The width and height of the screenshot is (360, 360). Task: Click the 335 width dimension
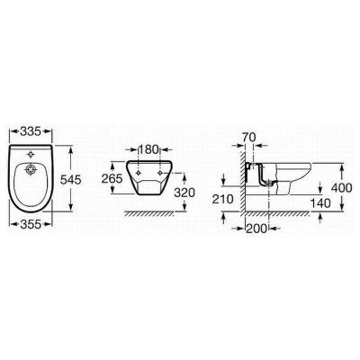pos(31,131)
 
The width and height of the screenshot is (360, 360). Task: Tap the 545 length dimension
pos(71,180)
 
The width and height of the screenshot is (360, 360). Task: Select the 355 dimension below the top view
pos(31,224)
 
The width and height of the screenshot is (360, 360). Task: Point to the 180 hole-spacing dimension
pos(148,149)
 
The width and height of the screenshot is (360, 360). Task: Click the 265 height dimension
pos(112,179)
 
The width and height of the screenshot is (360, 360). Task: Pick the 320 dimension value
pos(184,193)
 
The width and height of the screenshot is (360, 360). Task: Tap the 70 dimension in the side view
pos(248,137)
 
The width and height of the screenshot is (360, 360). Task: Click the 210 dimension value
pos(223,199)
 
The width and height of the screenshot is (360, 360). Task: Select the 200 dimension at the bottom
pos(256,229)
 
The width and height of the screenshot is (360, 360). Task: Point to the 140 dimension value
pos(320,203)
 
